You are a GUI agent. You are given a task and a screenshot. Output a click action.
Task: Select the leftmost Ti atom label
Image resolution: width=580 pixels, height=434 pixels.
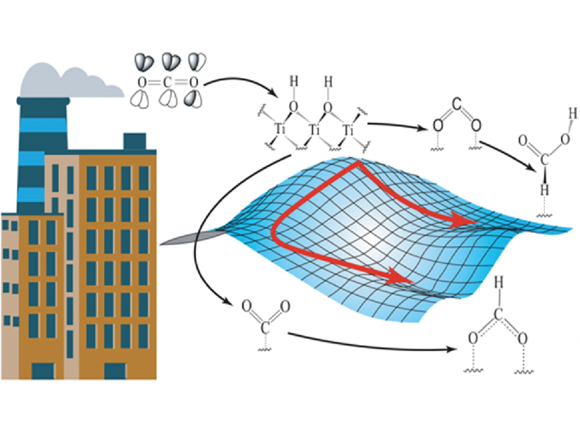pyautogui.click(x=279, y=129)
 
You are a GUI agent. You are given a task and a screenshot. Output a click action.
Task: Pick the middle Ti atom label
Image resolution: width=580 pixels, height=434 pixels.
pyautogui.click(x=314, y=131)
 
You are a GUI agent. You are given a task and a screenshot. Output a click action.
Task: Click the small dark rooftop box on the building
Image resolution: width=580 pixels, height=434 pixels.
pyautogui.click(x=134, y=141)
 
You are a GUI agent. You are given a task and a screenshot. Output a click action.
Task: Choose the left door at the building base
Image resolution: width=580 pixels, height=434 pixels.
pyautogui.click(x=43, y=371)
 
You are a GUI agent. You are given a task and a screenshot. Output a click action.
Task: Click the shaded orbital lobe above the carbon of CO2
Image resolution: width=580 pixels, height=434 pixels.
pyautogui.click(x=170, y=60)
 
